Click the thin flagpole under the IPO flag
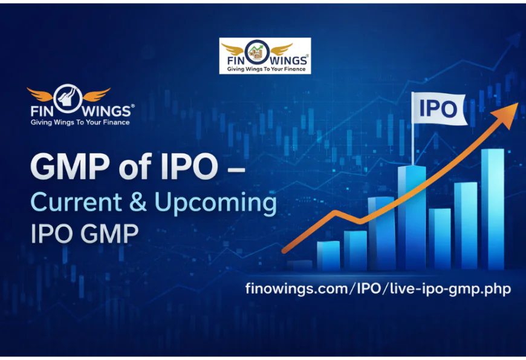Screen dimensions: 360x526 coord(414,145)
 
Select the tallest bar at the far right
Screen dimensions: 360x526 coord(492,209)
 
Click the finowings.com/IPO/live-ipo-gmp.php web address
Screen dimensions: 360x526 coord(378,289)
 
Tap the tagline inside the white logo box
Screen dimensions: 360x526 coord(265,70)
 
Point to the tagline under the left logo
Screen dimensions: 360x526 coord(80,122)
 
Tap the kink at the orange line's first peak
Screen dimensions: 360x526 coord(334,212)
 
